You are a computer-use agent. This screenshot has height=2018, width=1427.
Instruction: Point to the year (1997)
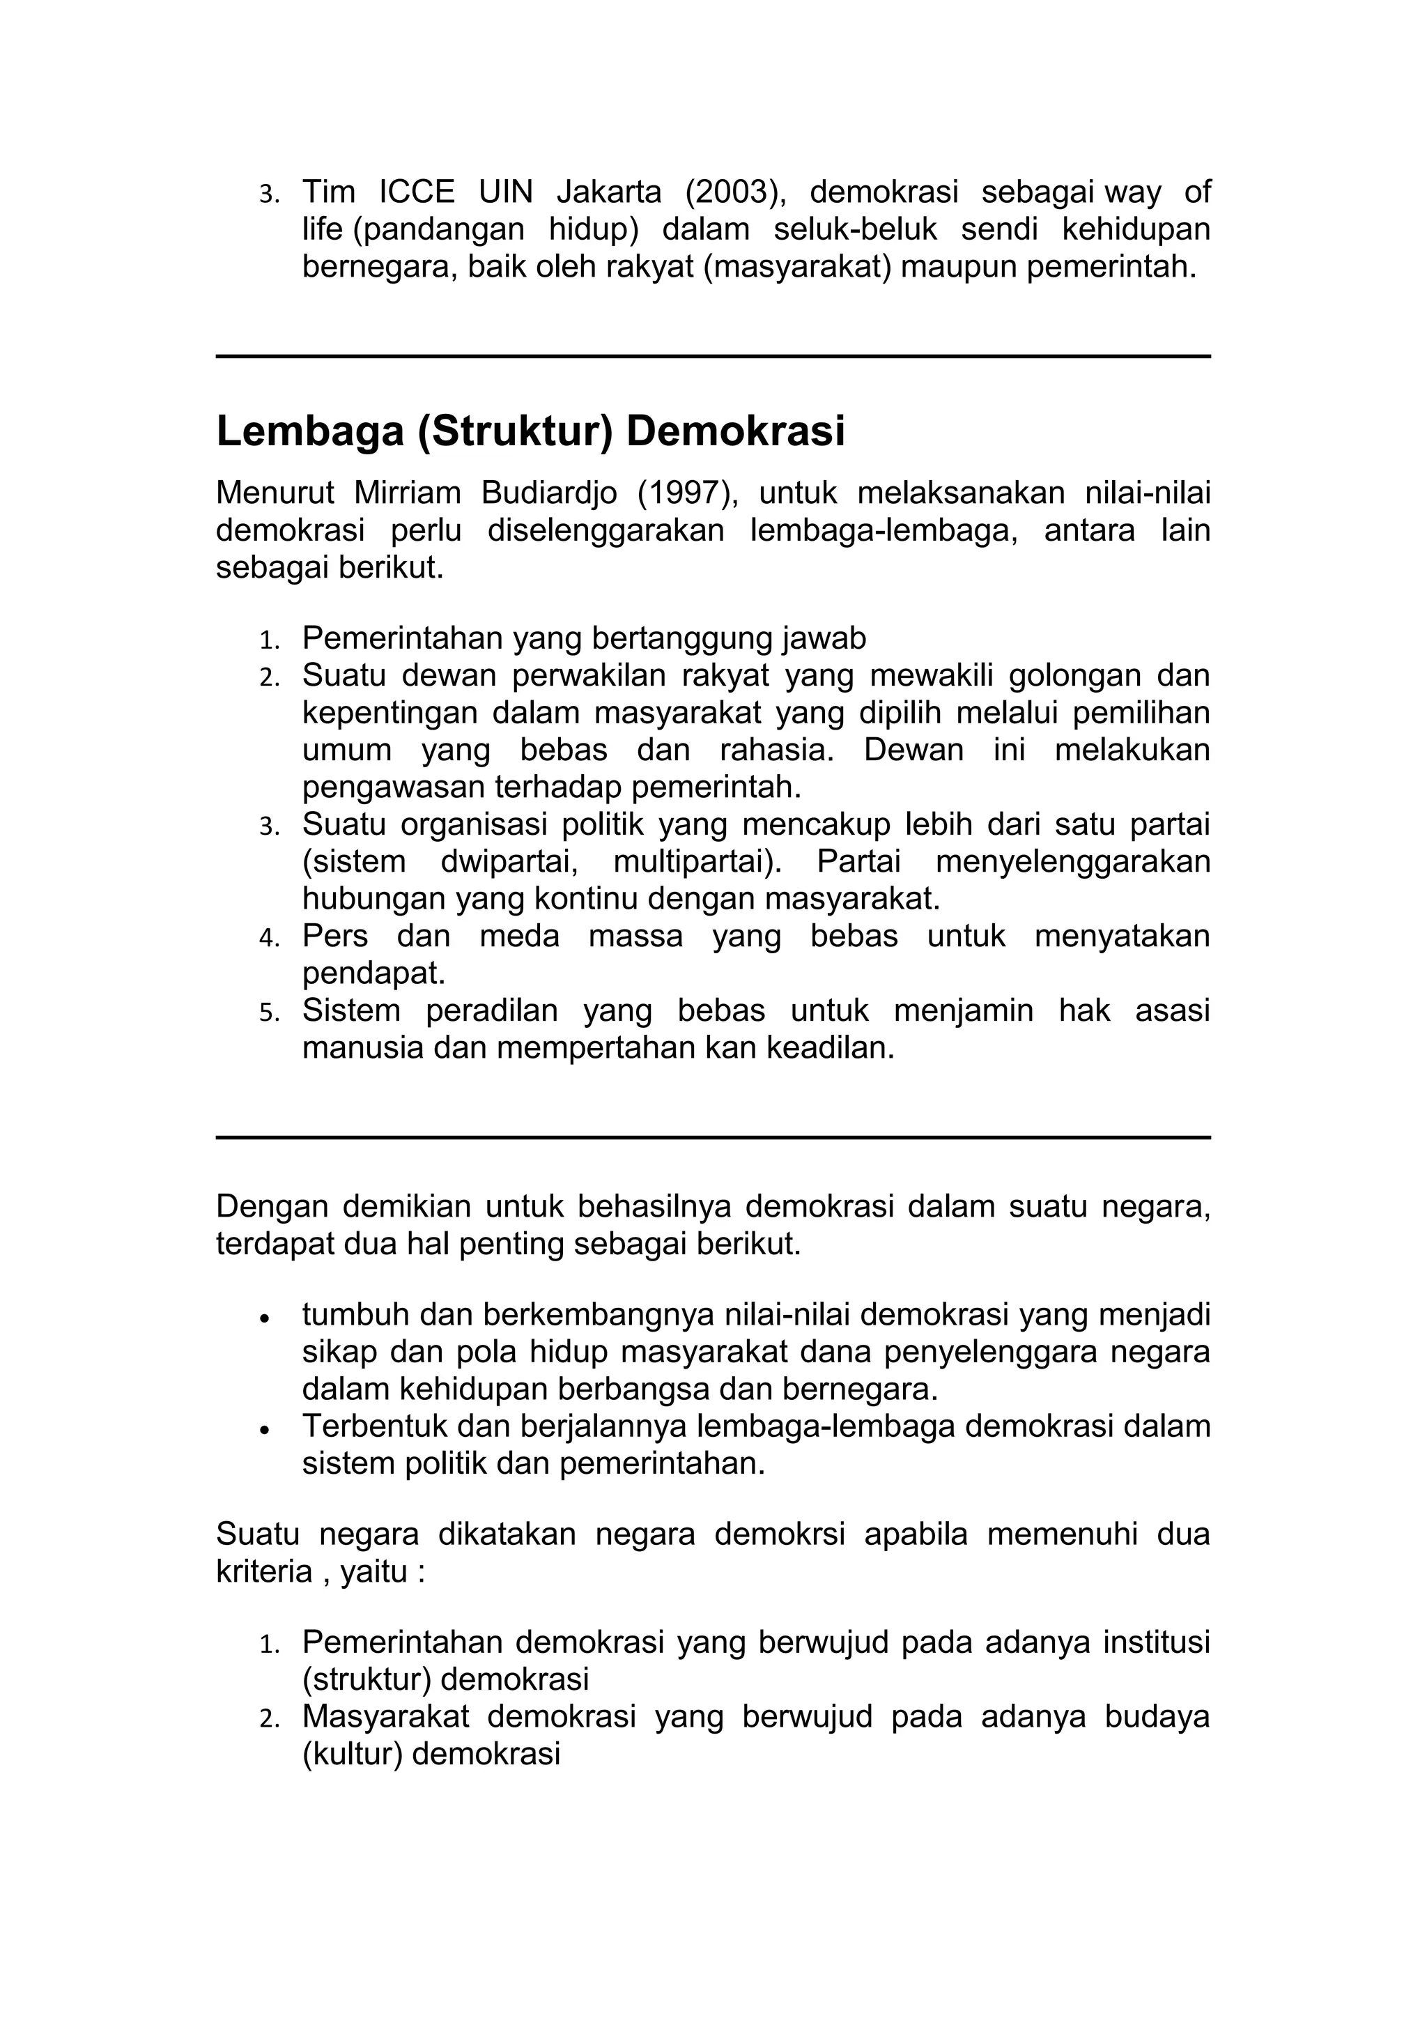pyautogui.click(x=687, y=494)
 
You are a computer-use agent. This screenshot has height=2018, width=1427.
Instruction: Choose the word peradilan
pyautogui.click(x=491, y=1012)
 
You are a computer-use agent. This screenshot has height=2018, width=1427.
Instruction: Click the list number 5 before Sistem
pyautogui.click(x=267, y=1013)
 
